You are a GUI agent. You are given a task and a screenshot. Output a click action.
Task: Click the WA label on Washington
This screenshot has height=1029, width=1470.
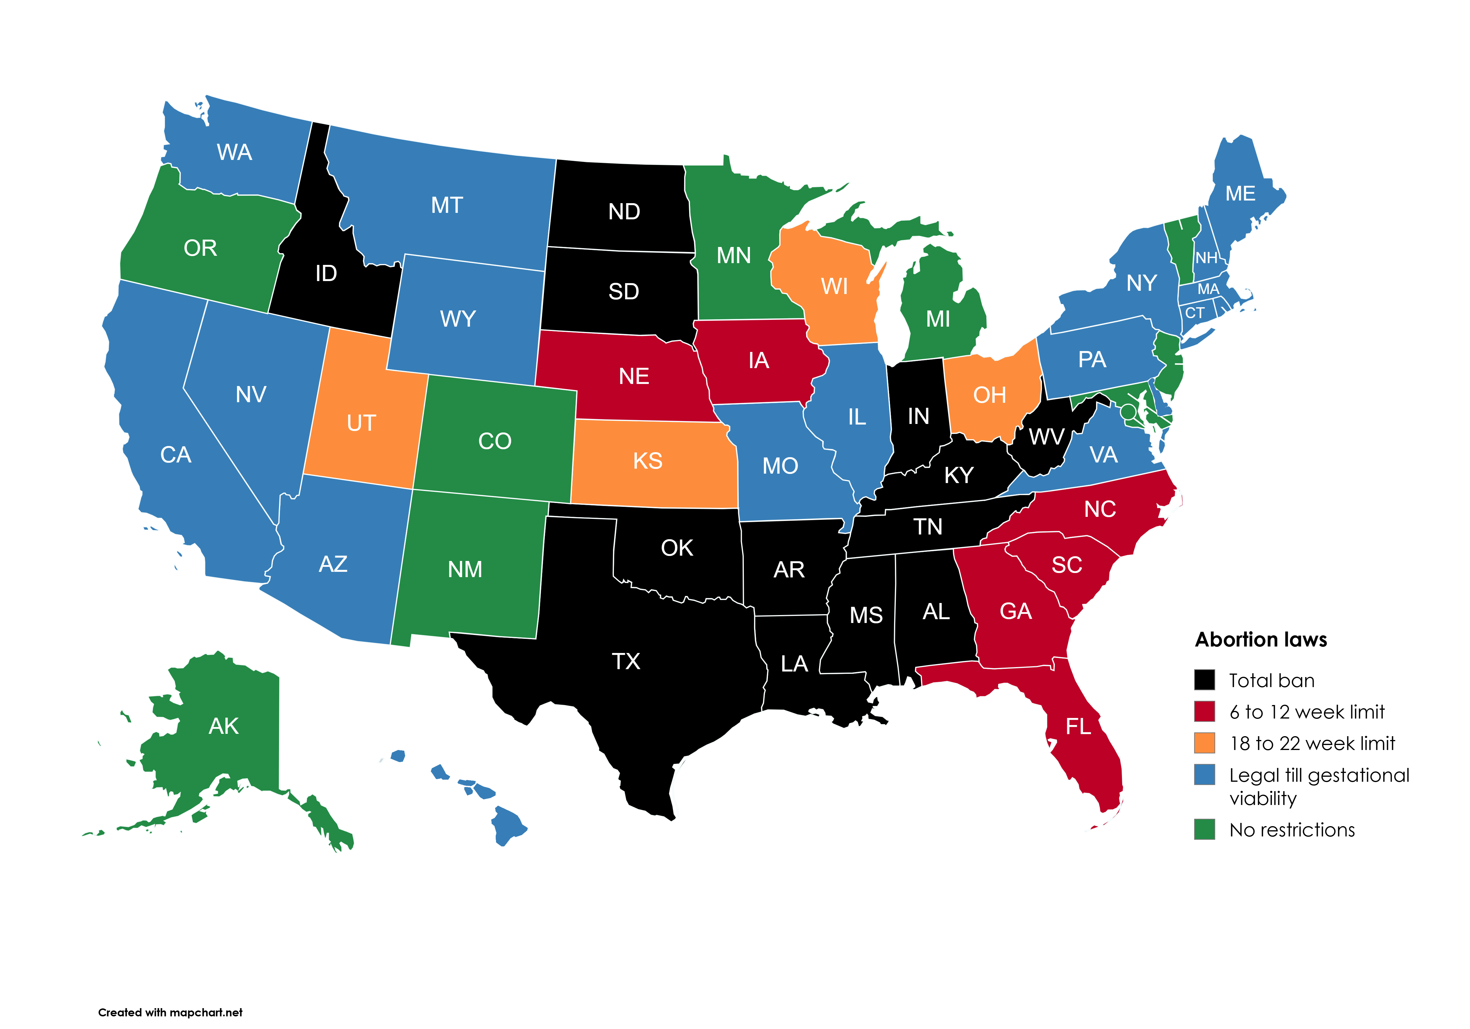point(234,152)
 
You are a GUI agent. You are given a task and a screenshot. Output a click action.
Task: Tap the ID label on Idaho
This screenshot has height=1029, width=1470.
point(326,273)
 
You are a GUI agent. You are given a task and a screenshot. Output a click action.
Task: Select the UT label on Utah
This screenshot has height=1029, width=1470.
point(361,423)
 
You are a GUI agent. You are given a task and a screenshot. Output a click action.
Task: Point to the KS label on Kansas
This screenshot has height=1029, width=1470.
point(647,460)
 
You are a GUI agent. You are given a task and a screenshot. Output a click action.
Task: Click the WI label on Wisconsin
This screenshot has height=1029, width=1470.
point(834,286)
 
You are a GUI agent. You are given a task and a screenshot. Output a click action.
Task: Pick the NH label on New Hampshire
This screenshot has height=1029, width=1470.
point(1206,258)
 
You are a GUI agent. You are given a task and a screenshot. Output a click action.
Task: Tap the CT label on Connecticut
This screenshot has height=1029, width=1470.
point(1195,313)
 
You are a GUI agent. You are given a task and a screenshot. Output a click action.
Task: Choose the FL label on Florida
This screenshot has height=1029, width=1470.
point(1078,726)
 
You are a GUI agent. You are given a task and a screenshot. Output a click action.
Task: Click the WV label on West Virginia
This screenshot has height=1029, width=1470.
point(1046,437)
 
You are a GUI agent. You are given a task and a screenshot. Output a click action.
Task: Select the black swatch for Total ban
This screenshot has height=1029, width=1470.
point(1204,680)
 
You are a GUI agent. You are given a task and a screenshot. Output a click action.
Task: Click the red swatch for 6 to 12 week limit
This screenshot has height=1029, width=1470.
point(1204,711)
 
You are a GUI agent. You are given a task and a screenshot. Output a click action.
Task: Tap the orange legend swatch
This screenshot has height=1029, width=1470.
point(1204,743)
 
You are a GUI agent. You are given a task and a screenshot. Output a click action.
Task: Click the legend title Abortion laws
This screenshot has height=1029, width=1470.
point(1261,640)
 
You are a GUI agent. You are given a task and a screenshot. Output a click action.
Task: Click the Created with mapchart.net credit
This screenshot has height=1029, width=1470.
point(170,1012)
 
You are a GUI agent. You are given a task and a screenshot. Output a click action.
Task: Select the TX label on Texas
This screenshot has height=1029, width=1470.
point(626,661)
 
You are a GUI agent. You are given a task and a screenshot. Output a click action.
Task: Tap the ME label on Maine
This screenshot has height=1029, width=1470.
point(1240,193)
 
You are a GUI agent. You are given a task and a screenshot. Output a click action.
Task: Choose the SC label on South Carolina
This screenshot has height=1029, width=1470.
point(1067,565)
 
